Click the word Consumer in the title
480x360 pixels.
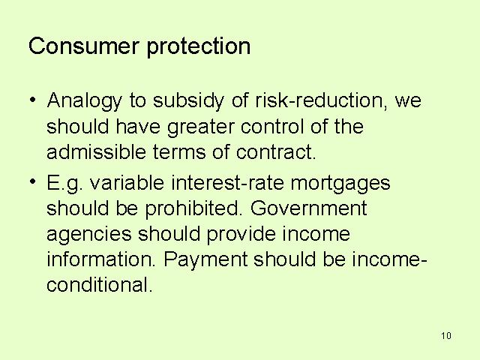pyautogui.click(x=83, y=46)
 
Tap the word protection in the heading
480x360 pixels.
pyautogui.click(x=199, y=47)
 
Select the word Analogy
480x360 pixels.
pyautogui.click(x=84, y=101)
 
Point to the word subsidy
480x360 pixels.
pyautogui.click(x=188, y=101)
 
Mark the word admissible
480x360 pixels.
pyautogui.click(x=96, y=151)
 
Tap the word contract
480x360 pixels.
pyautogui.click(x=275, y=152)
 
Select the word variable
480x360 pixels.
pyautogui.click(x=127, y=182)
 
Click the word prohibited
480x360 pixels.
pyautogui.click(x=193, y=209)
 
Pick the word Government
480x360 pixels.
pyautogui.click(x=308, y=208)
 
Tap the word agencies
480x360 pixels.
pyautogui.click(x=89, y=235)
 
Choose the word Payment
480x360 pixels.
pyautogui.click(x=205, y=260)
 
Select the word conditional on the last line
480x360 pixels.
pyautogui.click(x=100, y=285)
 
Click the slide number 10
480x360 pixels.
pyautogui.click(x=446, y=336)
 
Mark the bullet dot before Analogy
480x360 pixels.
pyautogui.click(x=33, y=99)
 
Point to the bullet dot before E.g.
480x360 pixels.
pyautogui.click(x=33, y=181)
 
